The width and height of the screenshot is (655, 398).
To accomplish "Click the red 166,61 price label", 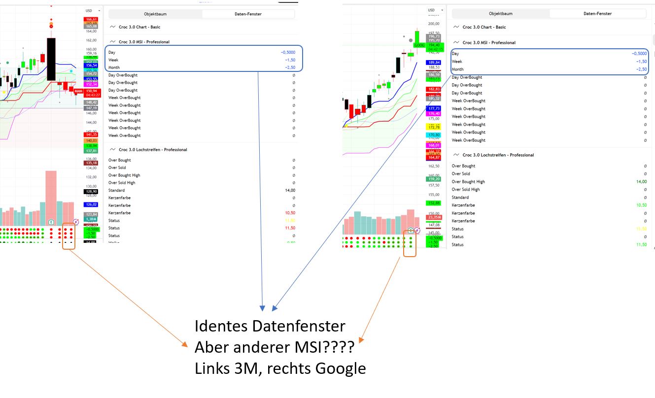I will coord(91,19).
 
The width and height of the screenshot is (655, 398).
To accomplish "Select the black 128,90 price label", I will coord(91,192).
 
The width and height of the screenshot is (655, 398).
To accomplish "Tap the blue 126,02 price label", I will coord(91,204).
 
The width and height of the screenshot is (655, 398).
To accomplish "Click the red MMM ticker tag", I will coord(78,91).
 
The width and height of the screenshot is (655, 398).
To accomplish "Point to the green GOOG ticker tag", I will coord(419,45).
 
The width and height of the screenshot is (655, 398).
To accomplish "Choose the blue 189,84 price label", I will coord(434,63).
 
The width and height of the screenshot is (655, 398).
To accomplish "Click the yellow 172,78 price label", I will coord(434,127).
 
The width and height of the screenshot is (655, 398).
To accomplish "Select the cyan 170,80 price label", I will coord(434,135).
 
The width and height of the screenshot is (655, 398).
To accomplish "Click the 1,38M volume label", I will coord(91,219).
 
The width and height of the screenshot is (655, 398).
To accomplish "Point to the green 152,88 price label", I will coord(434,203).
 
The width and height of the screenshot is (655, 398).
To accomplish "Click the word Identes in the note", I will coord(222,326).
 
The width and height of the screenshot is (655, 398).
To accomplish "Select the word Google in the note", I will coord(340,368).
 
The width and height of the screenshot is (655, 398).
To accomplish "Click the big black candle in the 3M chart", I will coord(51,59).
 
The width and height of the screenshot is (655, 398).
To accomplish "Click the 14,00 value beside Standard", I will coord(290,190).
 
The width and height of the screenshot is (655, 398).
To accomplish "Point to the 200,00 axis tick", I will coord(434,24).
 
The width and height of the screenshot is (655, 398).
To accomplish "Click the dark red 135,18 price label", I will coord(91,163).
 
